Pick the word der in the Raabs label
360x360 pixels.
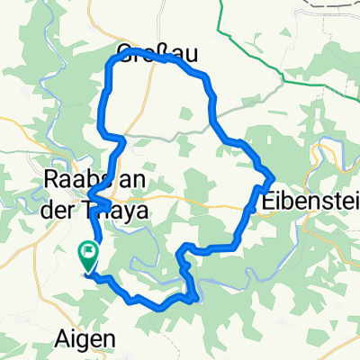(61, 206)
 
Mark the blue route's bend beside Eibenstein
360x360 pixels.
(269, 179)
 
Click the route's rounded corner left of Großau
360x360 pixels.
(113, 60)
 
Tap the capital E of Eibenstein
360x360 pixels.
(268, 203)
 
